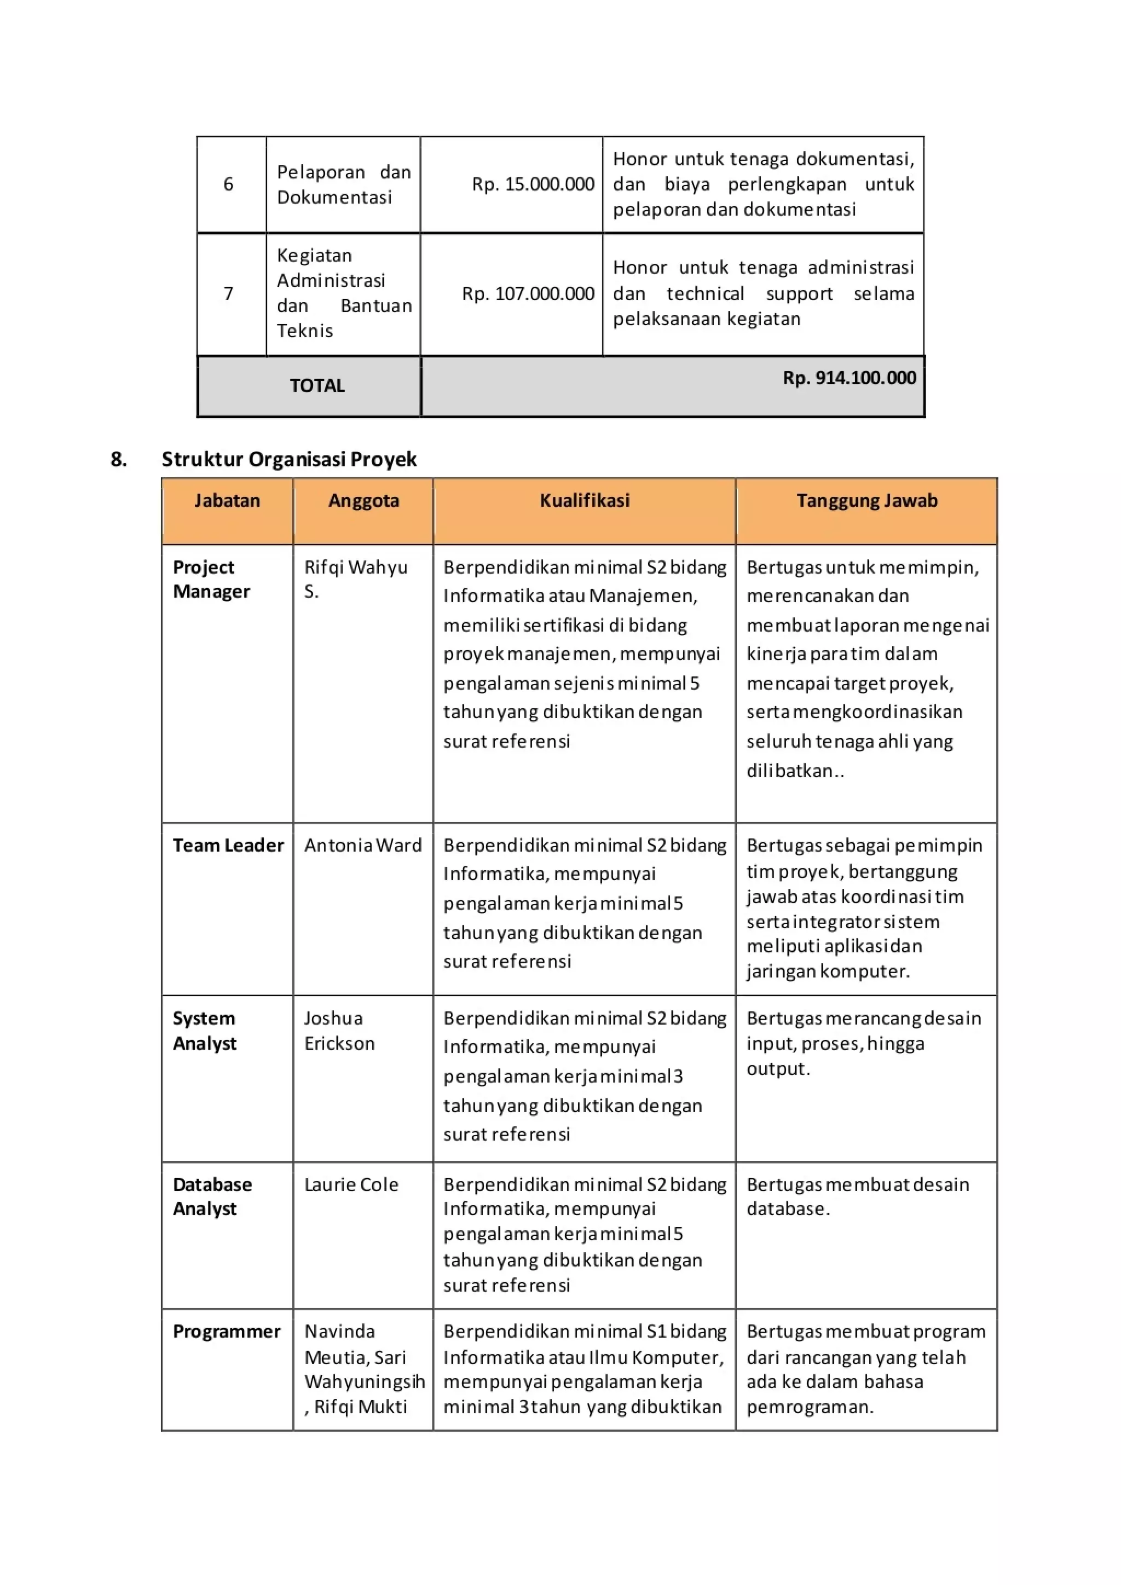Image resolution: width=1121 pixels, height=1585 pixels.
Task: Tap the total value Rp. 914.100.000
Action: (x=848, y=378)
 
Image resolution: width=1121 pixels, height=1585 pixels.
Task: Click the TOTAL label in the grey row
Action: (x=317, y=385)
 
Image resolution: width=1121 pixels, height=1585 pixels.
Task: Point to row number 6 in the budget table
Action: (x=228, y=184)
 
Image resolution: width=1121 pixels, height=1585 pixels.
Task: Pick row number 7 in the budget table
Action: (x=228, y=293)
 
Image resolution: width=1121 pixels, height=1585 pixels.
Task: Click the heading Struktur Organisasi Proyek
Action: (x=288, y=459)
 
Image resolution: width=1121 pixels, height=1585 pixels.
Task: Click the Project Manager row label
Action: (x=211, y=579)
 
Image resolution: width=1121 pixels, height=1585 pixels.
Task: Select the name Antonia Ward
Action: (x=362, y=845)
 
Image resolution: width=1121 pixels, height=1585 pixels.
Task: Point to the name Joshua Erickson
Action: (x=339, y=1030)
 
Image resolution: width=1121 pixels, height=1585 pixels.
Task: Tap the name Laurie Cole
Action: (x=351, y=1184)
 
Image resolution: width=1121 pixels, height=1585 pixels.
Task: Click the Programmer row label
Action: (x=227, y=1331)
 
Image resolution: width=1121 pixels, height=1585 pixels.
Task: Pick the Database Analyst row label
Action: (x=211, y=1196)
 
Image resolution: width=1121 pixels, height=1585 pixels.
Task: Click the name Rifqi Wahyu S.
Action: (x=355, y=579)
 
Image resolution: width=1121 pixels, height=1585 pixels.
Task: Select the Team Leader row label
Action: (x=228, y=845)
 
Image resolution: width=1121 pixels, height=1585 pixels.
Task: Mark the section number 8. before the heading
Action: (x=119, y=459)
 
